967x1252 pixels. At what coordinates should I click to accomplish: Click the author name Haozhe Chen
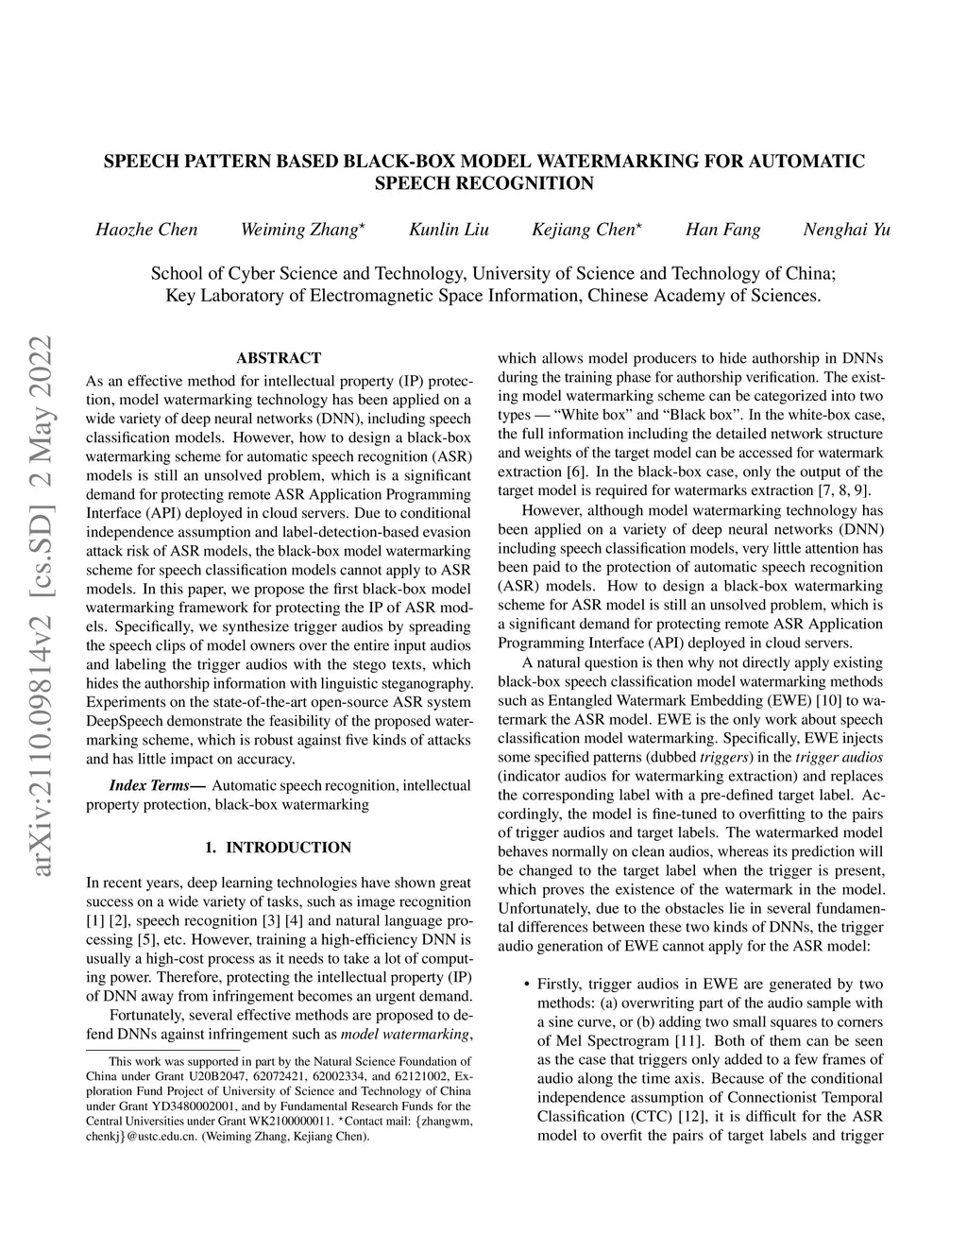point(146,230)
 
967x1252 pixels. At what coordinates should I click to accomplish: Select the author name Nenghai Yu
point(846,230)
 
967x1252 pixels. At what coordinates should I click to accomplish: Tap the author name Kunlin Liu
point(449,230)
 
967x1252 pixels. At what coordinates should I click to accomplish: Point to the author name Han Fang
point(722,230)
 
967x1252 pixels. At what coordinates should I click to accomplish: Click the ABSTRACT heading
point(279,358)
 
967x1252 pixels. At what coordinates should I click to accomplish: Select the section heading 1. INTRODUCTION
point(279,848)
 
